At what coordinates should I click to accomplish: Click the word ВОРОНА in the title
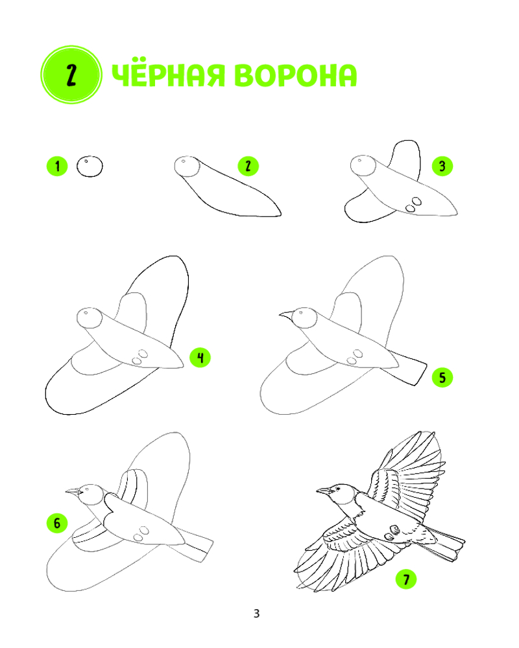(x=295, y=76)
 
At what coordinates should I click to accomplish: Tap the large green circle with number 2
(x=71, y=75)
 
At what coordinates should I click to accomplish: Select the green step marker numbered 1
(x=57, y=166)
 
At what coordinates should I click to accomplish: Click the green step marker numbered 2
(x=248, y=166)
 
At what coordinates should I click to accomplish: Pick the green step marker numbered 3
(x=442, y=166)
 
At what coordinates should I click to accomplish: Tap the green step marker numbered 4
(x=200, y=358)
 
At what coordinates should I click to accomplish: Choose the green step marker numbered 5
(x=442, y=377)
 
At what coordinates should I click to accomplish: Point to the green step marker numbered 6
(x=57, y=523)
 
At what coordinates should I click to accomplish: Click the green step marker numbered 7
(x=406, y=579)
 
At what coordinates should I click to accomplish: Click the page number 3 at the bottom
(x=257, y=613)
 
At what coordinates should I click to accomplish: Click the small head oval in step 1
(x=90, y=167)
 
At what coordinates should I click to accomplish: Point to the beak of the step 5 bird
(x=286, y=316)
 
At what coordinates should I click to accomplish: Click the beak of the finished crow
(x=324, y=491)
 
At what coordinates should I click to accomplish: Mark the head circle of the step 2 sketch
(x=187, y=167)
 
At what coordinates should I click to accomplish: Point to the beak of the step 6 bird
(x=73, y=491)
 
